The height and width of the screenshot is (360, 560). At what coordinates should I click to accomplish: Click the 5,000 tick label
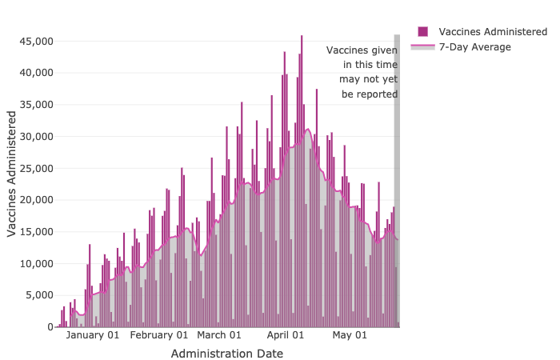pos(38,296)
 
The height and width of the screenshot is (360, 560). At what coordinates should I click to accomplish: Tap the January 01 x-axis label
pos(92,335)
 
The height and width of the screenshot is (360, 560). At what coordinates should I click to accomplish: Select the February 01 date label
pos(159,335)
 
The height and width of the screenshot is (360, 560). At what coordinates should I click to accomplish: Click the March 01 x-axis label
pos(219,335)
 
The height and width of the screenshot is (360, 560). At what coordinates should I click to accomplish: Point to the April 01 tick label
pos(286,335)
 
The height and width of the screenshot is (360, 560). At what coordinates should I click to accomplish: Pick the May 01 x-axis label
pos(350,335)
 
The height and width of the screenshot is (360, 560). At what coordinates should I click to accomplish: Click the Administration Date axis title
pos(227,353)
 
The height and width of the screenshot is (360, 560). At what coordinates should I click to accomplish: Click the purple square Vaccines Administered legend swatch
pos(423,32)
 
